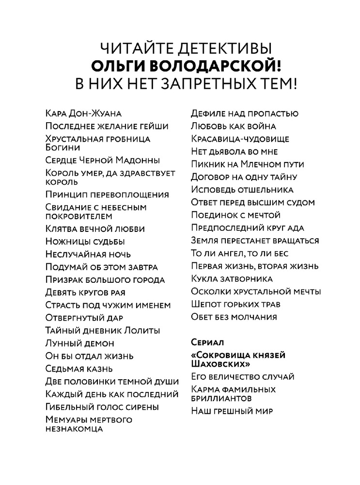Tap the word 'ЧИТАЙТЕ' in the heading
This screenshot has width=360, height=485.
132,48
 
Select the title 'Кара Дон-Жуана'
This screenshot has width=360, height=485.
83,113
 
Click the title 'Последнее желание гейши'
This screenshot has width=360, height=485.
107,126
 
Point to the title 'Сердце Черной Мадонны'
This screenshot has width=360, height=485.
102,160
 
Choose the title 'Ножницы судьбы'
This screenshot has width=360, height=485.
85,241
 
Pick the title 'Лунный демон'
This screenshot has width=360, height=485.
79,343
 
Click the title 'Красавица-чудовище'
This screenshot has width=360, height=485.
240,139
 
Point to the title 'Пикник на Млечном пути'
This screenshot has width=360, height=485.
249,164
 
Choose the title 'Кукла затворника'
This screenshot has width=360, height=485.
232,279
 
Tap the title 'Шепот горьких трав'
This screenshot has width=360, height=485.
236,305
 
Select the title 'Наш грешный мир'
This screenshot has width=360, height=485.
233,411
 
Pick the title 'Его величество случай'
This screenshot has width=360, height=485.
243,376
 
